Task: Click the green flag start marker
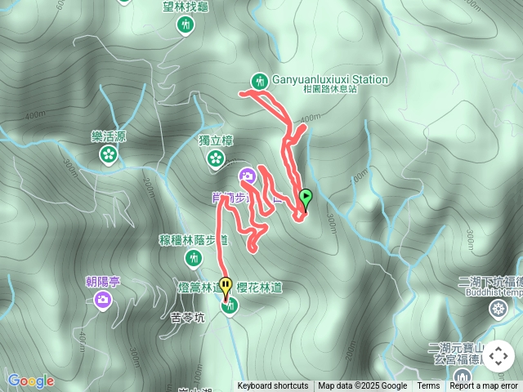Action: [306, 197]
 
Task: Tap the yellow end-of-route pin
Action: [226, 284]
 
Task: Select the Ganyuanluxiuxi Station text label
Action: [329, 79]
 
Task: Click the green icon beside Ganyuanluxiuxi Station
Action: [260, 80]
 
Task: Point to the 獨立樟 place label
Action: [216, 140]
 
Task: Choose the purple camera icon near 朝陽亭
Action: [103, 301]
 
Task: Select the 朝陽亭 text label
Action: [103, 282]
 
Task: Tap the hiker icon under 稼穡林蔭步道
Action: [194, 259]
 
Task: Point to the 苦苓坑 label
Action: [187, 318]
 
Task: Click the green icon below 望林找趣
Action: [186, 25]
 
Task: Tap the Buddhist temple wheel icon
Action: [497, 310]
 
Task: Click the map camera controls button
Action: [498, 356]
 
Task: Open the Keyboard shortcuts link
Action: [273, 386]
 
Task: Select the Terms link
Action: [428, 386]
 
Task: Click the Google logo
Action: [30, 381]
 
